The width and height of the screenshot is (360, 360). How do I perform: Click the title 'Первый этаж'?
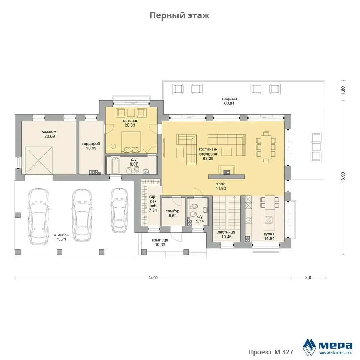180,15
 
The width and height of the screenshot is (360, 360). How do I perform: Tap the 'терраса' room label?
229,99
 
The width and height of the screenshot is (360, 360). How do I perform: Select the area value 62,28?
208,158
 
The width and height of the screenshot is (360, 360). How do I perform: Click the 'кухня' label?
269,234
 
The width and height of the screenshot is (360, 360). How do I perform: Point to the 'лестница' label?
226,232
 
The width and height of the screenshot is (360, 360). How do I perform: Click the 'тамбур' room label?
172,211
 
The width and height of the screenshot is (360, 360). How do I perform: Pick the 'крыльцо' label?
160,240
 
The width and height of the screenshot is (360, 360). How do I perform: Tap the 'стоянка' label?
61,235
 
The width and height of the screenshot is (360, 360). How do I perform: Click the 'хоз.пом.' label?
50,132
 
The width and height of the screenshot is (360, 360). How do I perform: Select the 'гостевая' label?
130,121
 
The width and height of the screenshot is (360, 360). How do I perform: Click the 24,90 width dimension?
153,278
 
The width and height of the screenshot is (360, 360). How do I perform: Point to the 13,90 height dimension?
343,177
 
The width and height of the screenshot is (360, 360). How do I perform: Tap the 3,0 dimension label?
308,278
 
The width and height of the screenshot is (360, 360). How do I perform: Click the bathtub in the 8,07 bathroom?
115,165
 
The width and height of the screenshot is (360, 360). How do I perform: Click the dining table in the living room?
266,147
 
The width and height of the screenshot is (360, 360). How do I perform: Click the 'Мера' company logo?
328,346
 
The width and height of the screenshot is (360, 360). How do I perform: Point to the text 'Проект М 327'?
271,352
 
